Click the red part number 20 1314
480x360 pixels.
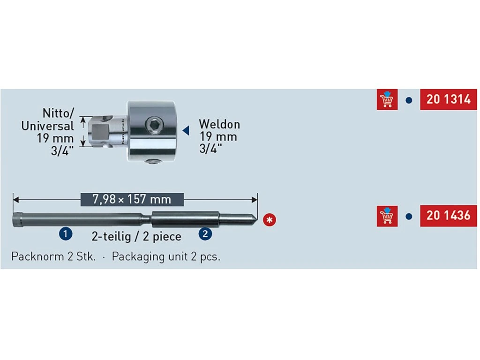pos(448,99)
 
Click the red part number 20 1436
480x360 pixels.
pos(448,216)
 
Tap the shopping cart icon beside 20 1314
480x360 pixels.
pos(387,99)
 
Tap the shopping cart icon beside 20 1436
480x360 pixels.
pos(387,216)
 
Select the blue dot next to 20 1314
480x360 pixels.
pos(409,100)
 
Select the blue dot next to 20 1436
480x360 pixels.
pos(409,217)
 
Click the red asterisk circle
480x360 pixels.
pos(269,219)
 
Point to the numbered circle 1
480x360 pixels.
pos(66,233)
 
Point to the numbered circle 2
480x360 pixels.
pos(204,233)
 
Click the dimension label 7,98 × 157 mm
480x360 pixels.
pos(132,199)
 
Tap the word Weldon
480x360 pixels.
pos(219,125)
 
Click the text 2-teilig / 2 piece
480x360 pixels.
pos(136,236)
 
